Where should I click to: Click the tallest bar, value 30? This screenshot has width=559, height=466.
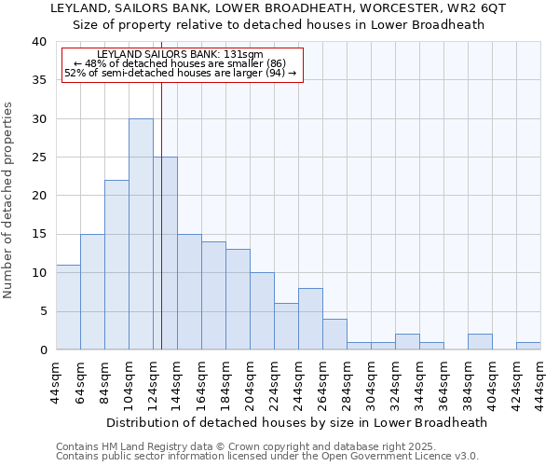tap(141, 234)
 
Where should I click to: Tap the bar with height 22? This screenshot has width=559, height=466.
tap(116, 265)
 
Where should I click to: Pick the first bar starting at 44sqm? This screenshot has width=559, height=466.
tap(68, 307)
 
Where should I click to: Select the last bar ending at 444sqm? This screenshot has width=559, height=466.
tap(528, 346)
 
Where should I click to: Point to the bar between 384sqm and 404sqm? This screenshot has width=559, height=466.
tap(480, 342)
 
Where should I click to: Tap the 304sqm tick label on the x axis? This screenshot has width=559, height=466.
tap(372, 380)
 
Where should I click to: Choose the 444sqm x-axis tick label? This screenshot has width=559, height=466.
tap(541, 380)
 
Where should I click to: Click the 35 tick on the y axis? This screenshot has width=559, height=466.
tap(39, 80)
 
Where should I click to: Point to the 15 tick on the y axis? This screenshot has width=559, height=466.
tap(39, 234)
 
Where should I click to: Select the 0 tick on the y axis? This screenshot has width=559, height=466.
tap(43, 349)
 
